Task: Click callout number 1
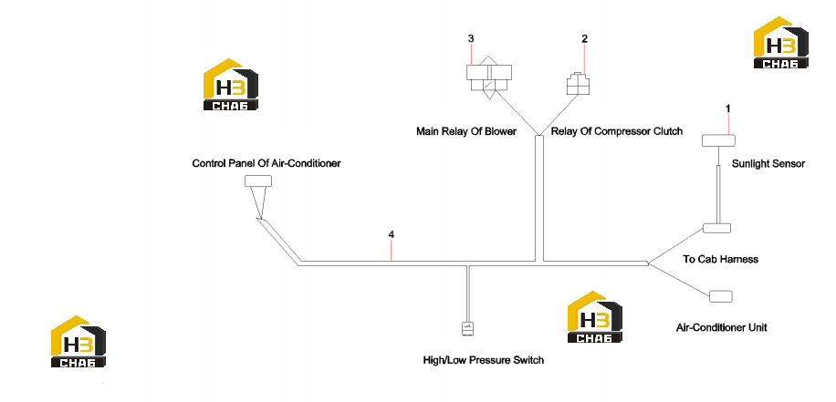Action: pos(727,108)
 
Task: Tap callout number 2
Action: pos(585,38)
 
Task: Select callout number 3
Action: pos(471,38)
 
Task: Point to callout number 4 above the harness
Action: pos(392,234)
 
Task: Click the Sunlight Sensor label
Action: pos(768,163)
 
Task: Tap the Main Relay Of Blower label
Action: pos(466,131)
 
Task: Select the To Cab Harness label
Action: pos(720,259)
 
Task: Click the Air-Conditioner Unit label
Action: pos(721,327)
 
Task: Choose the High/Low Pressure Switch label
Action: pos(484,360)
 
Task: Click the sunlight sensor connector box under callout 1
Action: pos(718,140)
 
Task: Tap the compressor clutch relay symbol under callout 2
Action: pos(578,84)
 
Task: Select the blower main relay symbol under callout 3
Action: pos(489,77)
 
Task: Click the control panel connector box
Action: pos(258,181)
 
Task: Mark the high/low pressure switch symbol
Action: pos(467,328)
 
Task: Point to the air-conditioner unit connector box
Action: pos(721,296)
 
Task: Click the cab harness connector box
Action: pos(716,228)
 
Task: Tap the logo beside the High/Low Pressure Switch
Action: pos(594,317)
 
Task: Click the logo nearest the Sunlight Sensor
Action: pos(780,43)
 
